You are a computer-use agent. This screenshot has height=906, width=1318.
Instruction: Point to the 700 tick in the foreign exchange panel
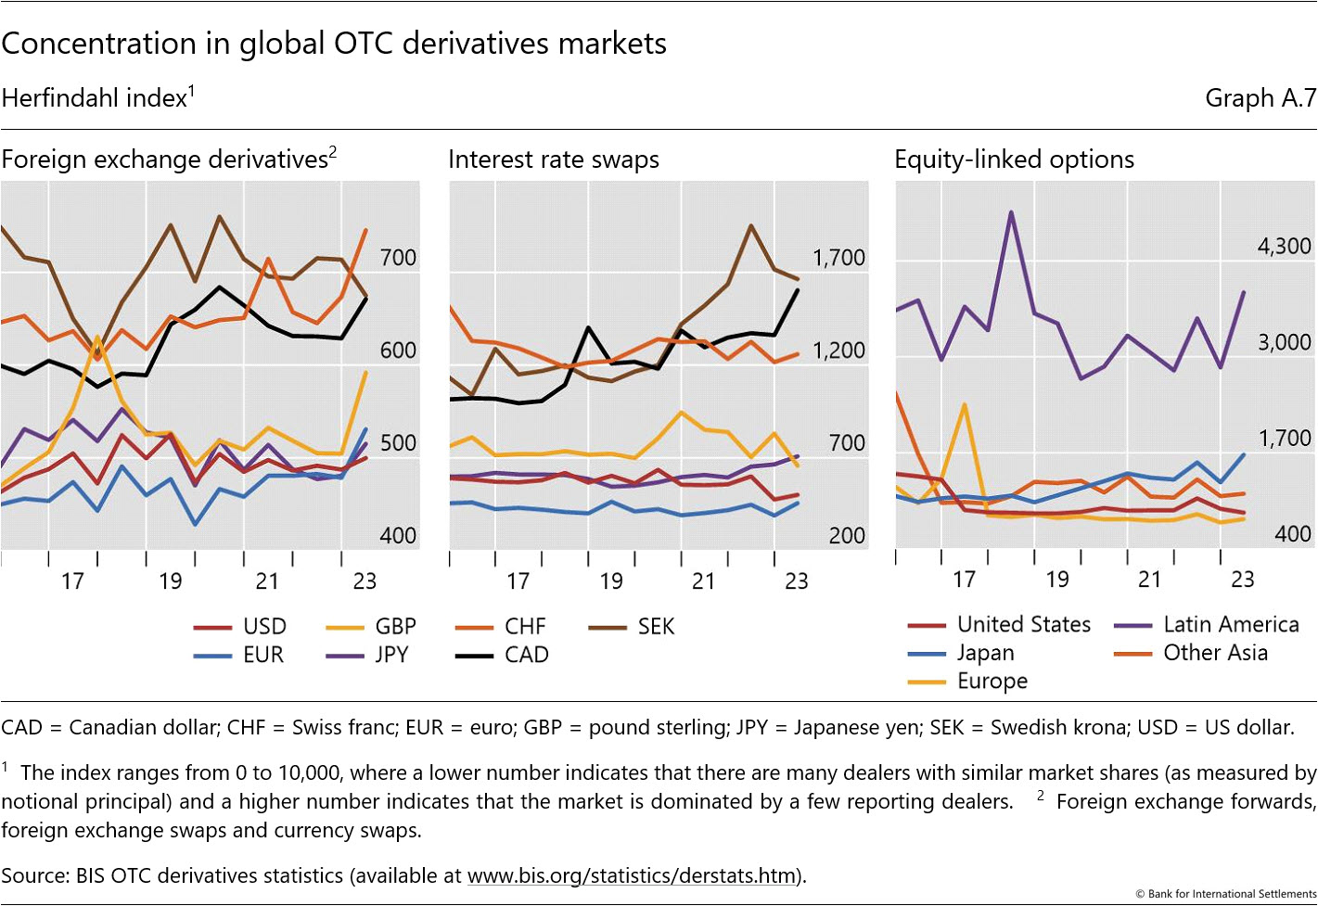coord(398,258)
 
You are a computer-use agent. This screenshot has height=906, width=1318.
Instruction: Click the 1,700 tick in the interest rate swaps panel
coord(838,258)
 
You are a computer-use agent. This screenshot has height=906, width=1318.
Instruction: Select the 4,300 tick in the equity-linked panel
coord(1284,247)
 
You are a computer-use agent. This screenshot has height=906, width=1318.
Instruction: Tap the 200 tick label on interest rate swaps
coord(846,536)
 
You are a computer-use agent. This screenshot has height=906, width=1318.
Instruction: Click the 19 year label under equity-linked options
coord(1056,580)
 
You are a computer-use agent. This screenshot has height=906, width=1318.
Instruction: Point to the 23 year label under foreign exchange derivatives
coord(365,581)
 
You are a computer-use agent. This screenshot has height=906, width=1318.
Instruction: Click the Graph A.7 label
coord(1260,98)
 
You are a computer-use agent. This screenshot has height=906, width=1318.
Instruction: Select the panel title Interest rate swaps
coord(554,160)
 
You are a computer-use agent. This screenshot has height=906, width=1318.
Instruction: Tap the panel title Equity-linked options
coord(1014,160)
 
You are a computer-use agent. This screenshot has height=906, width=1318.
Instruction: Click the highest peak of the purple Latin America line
coord(1011,212)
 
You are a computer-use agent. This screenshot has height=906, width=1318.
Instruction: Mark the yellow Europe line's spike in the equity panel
coord(965,404)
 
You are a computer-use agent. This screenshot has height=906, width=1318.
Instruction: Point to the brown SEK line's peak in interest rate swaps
coord(749,225)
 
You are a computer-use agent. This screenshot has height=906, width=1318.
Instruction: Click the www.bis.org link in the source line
coord(632,875)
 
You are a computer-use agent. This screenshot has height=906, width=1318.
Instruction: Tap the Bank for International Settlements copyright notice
coord(1226,894)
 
